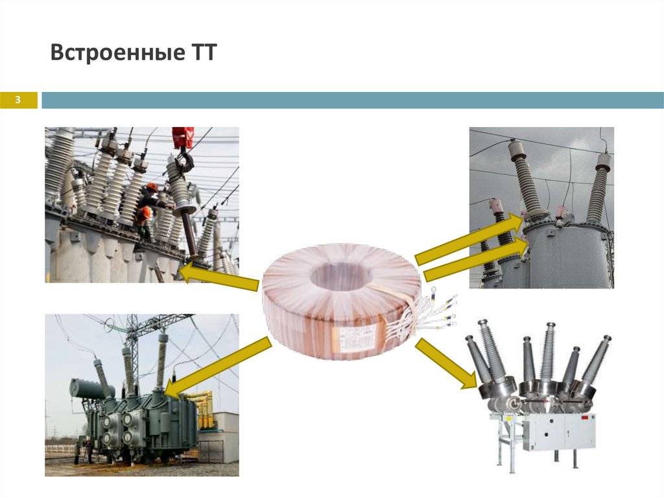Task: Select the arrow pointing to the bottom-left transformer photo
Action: tap(213, 369)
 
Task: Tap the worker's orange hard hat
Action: tap(151, 187)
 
